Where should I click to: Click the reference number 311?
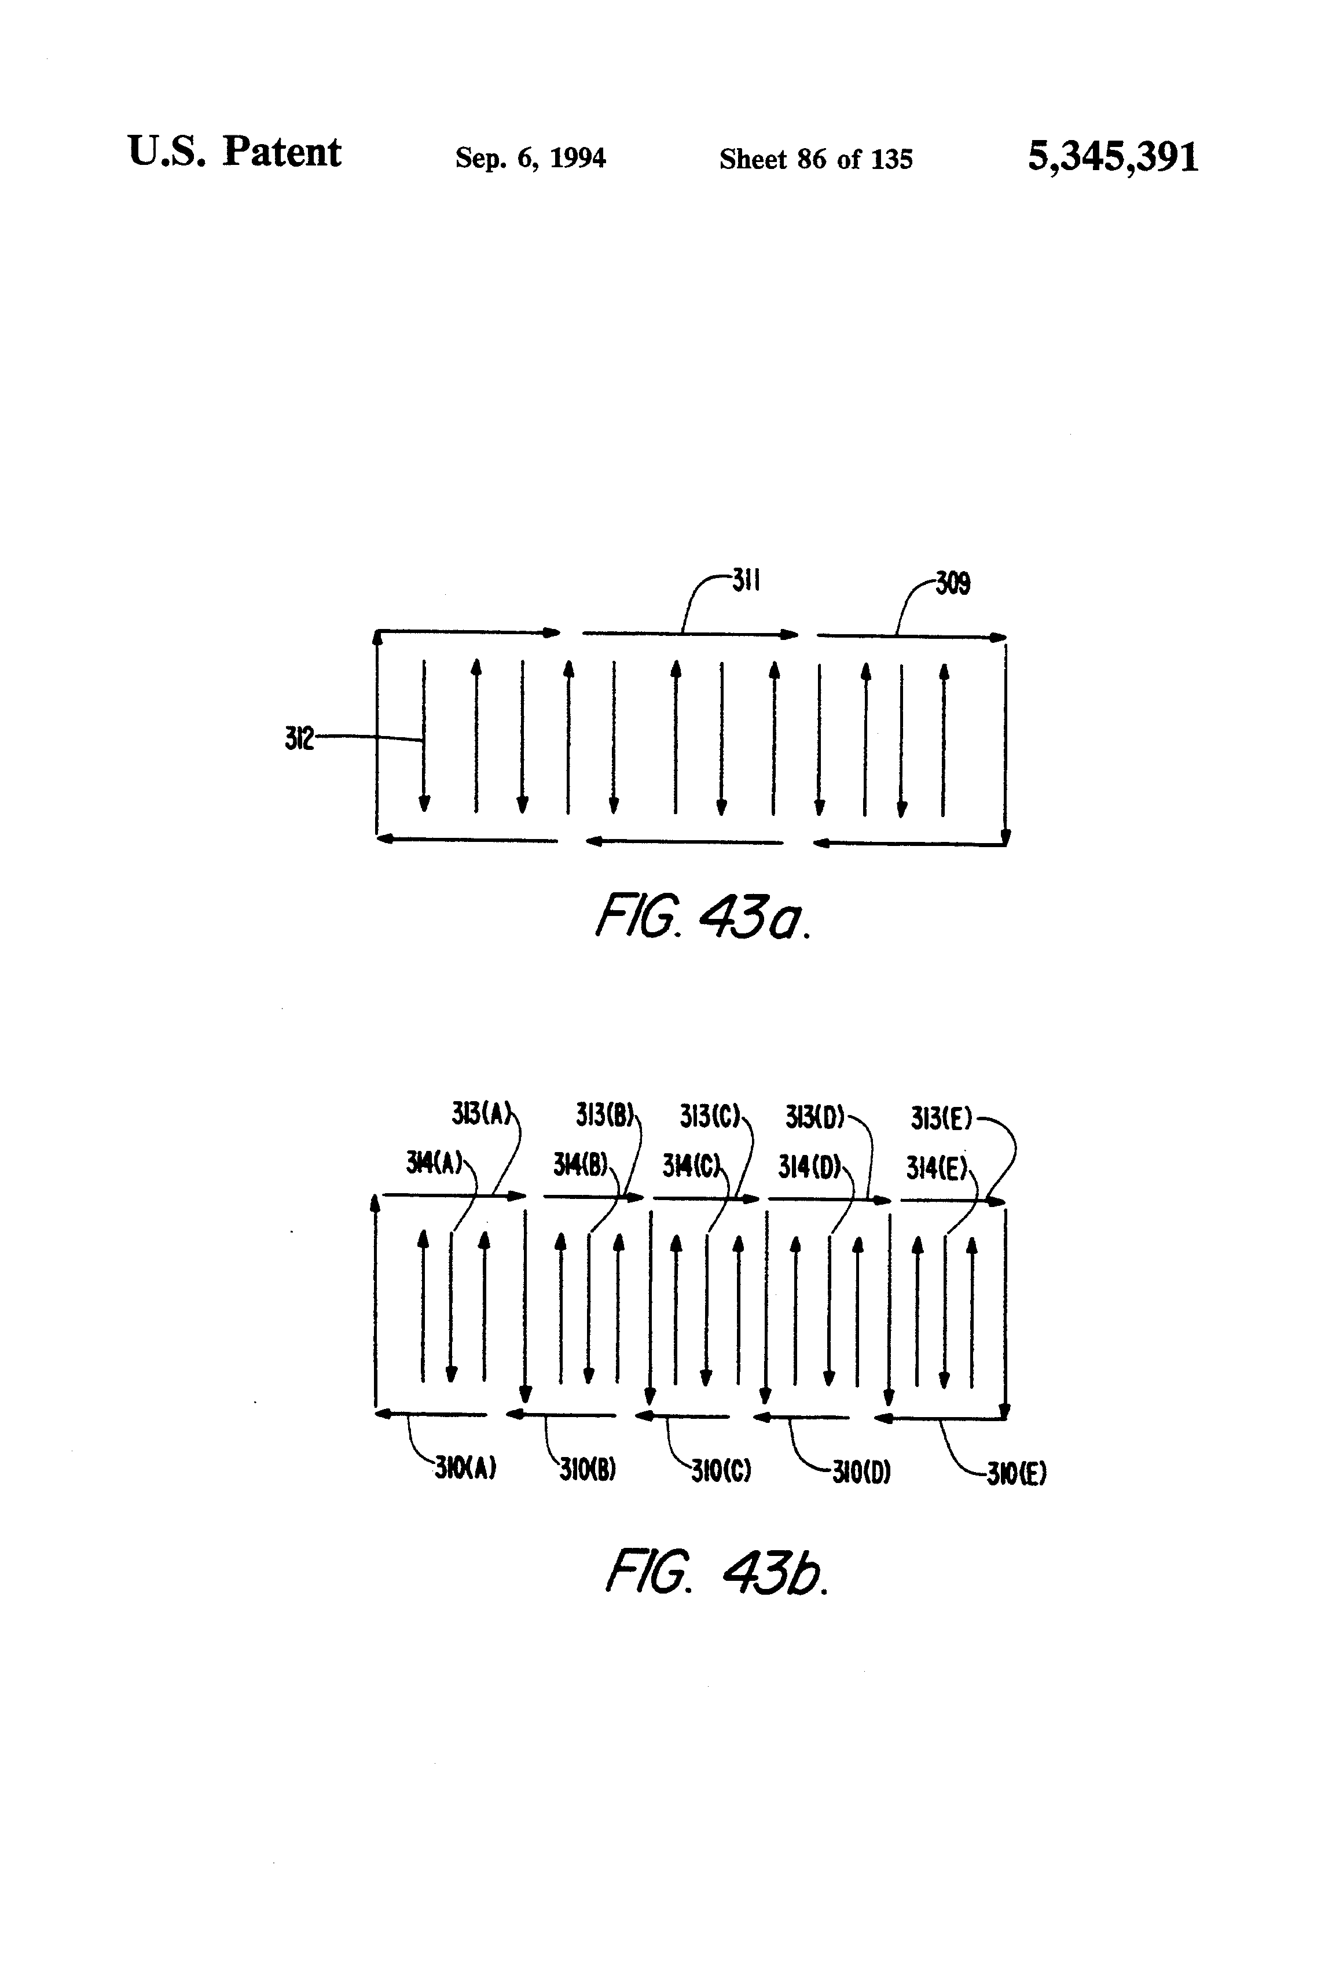746,582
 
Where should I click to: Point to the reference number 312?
299,738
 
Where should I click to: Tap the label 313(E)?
941,1119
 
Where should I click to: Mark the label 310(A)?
465,1468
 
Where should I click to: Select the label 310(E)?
1016,1474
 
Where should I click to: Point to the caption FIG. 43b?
715,1572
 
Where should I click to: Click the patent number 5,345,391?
1112,157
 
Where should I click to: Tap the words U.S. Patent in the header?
234,153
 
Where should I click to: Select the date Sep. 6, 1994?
531,158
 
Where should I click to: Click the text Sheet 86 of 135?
816,159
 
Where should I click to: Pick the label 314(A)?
434,1162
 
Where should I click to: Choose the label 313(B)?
604,1114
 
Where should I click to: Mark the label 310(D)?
861,1471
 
